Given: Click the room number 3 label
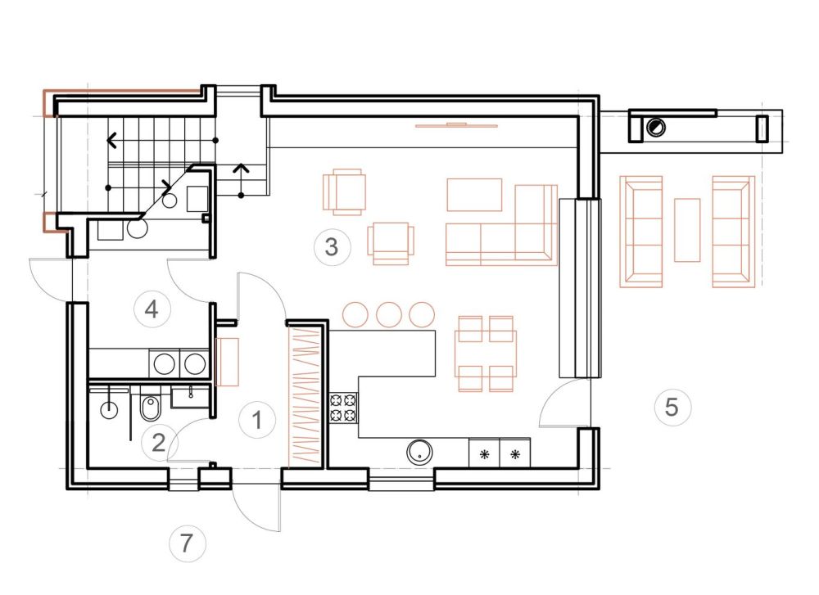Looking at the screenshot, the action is coord(332,246).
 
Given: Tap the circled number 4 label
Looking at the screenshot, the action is coord(152,309).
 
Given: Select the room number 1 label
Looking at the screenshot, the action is coord(256,420).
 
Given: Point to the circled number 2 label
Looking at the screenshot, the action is coord(159,443).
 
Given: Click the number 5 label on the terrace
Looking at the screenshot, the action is coord(672,407).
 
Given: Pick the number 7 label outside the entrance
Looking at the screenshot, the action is coord(187,543).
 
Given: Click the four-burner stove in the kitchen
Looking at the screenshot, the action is coord(344,408).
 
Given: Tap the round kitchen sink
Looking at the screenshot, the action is coord(419,452).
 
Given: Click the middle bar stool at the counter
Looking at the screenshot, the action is coord(388,315).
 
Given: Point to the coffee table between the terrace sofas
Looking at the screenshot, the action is coord(687,230).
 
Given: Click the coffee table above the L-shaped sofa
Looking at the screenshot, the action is coord(474,195).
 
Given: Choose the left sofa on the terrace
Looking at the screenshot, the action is coord(641,232).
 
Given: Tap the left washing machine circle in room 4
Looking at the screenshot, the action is coord(165,363).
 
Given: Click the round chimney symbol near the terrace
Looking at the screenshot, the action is coord(655,128).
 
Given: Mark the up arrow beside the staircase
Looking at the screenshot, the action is coord(241,180).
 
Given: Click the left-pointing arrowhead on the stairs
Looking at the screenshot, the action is coord(111,141).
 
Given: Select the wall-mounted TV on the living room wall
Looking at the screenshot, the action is coord(456,124).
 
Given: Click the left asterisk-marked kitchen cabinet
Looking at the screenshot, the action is coord(484,453).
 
